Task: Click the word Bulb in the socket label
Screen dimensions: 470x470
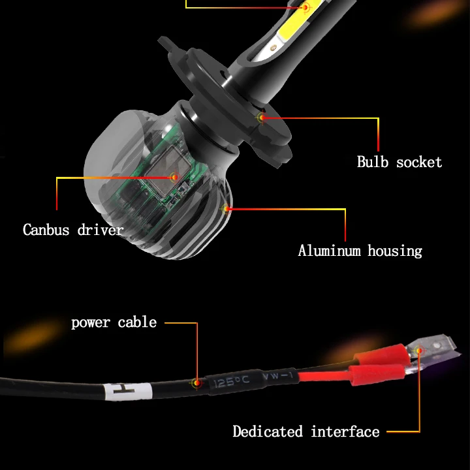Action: (x=373, y=161)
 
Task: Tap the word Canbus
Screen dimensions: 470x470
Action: (x=46, y=230)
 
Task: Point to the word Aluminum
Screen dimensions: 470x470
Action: (x=330, y=251)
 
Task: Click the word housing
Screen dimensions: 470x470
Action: (x=394, y=251)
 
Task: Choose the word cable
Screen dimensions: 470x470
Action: (x=137, y=322)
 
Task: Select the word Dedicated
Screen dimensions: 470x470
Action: (x=268, y=431)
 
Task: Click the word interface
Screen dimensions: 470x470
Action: (x=345, y=431)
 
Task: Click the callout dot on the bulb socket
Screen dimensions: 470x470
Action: (x=262, y=118)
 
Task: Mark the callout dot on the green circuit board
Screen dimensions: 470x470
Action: (x=174, y=177)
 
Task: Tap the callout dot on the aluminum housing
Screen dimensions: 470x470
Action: (x=227, y=209)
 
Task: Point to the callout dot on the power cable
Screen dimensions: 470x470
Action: (x=196, y=383)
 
